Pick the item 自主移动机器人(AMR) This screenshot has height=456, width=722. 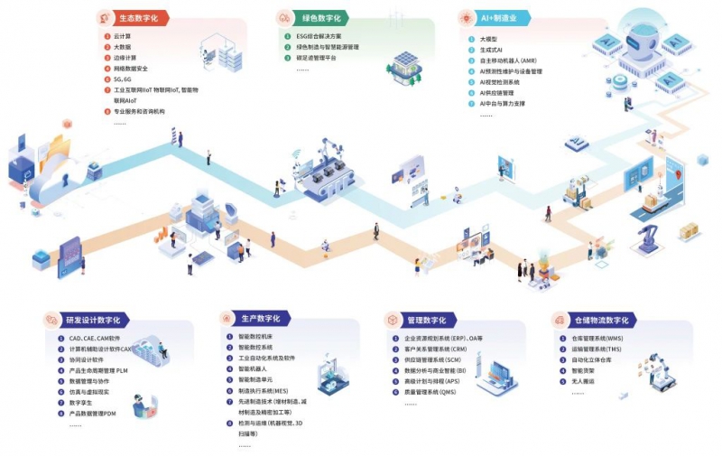point(511,61)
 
